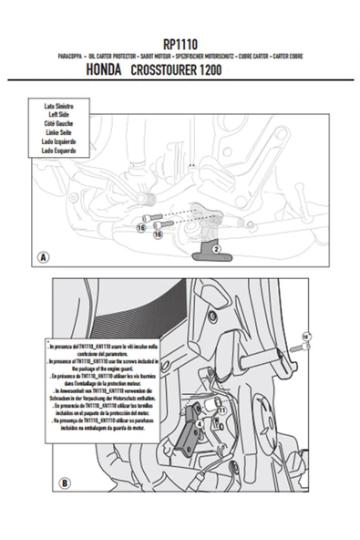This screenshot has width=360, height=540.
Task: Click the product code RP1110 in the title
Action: pos(180,43)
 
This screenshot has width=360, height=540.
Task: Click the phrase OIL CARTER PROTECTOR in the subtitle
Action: pos(112,56)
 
